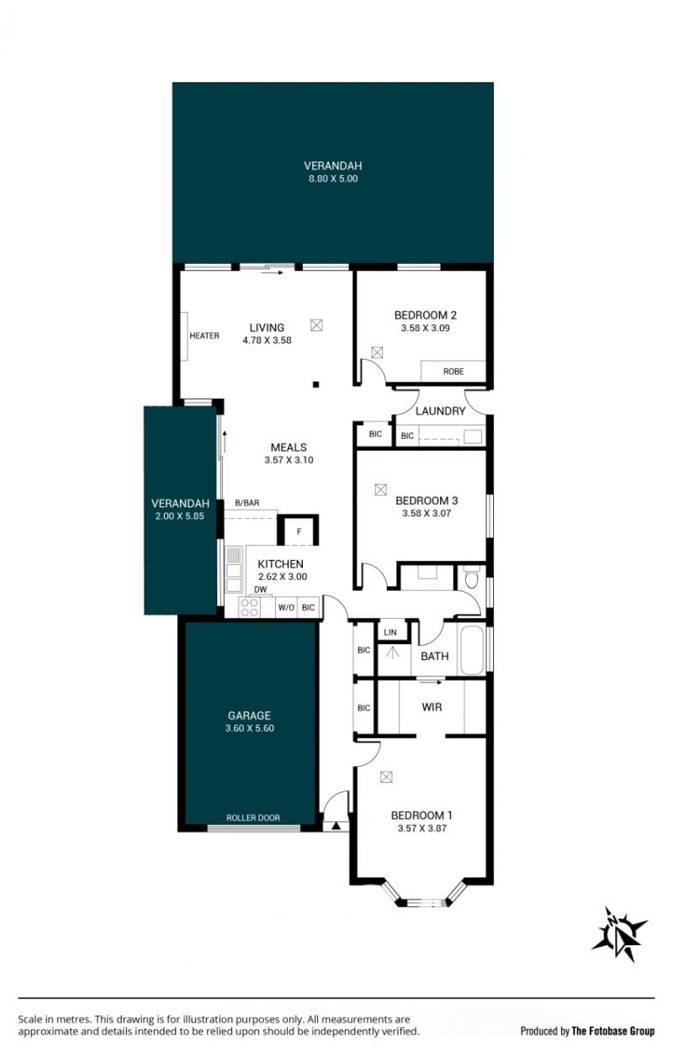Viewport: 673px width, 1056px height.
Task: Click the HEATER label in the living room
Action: coord(204,335)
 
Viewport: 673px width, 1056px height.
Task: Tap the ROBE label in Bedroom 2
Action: coord(453,372)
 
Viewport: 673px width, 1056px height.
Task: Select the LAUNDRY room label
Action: coord(440,411)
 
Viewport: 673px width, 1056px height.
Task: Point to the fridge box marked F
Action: coord(299,531)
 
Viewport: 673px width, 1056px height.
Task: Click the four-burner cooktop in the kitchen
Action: coord(248,607)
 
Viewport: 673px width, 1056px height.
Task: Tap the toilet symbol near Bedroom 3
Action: coord(471,577)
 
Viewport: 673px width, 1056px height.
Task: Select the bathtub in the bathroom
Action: coord(472,650)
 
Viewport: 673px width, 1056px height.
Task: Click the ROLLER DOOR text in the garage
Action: coord(253,818)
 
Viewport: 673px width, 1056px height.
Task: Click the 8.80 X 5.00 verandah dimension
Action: coord(333,179)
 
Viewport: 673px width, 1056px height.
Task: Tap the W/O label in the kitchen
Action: coord(286,608)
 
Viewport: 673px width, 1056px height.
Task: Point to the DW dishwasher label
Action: coord(260,589)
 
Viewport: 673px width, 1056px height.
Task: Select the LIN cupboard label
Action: coord(390,632)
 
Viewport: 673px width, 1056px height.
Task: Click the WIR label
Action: coord(432,707)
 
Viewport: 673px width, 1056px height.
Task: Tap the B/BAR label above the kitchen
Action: coord(247,503)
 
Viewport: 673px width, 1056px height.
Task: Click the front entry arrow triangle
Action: coord(336,826)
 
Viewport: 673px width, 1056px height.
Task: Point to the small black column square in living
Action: coord(316,385)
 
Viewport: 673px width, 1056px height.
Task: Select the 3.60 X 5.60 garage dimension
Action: coord(250,728)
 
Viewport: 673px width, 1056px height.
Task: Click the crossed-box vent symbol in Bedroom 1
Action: coord(386,777)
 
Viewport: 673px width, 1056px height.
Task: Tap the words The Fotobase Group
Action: coord(612,1031)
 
